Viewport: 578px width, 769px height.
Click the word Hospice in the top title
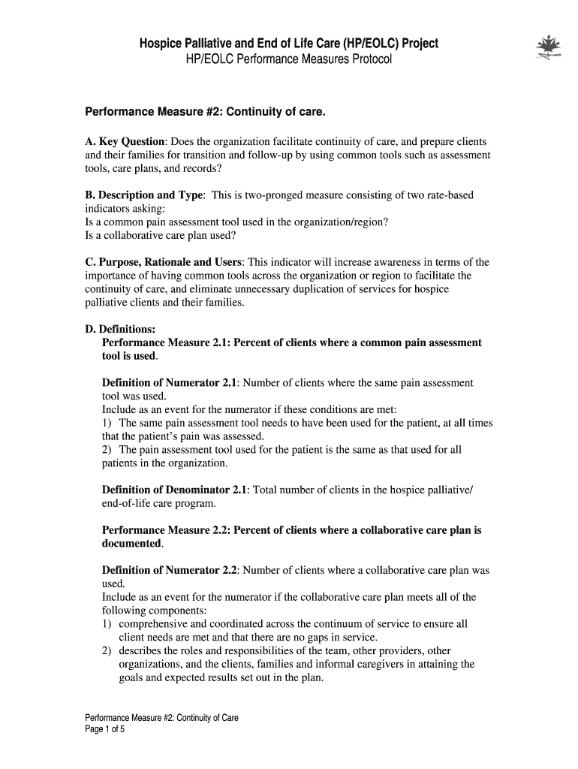[162, 44]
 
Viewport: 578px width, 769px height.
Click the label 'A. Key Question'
[124, 141]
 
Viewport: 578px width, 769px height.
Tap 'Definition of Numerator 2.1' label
[169, 383]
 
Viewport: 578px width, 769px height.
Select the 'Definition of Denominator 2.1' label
[174, 490]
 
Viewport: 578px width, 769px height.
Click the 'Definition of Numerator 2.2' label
[169, 570]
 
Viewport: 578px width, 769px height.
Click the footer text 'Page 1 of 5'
[105, 729]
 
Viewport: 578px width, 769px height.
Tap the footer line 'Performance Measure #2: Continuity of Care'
[161, 717]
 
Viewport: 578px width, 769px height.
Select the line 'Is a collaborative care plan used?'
[161, 235]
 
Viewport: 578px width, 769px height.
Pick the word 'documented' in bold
[131, 543]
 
